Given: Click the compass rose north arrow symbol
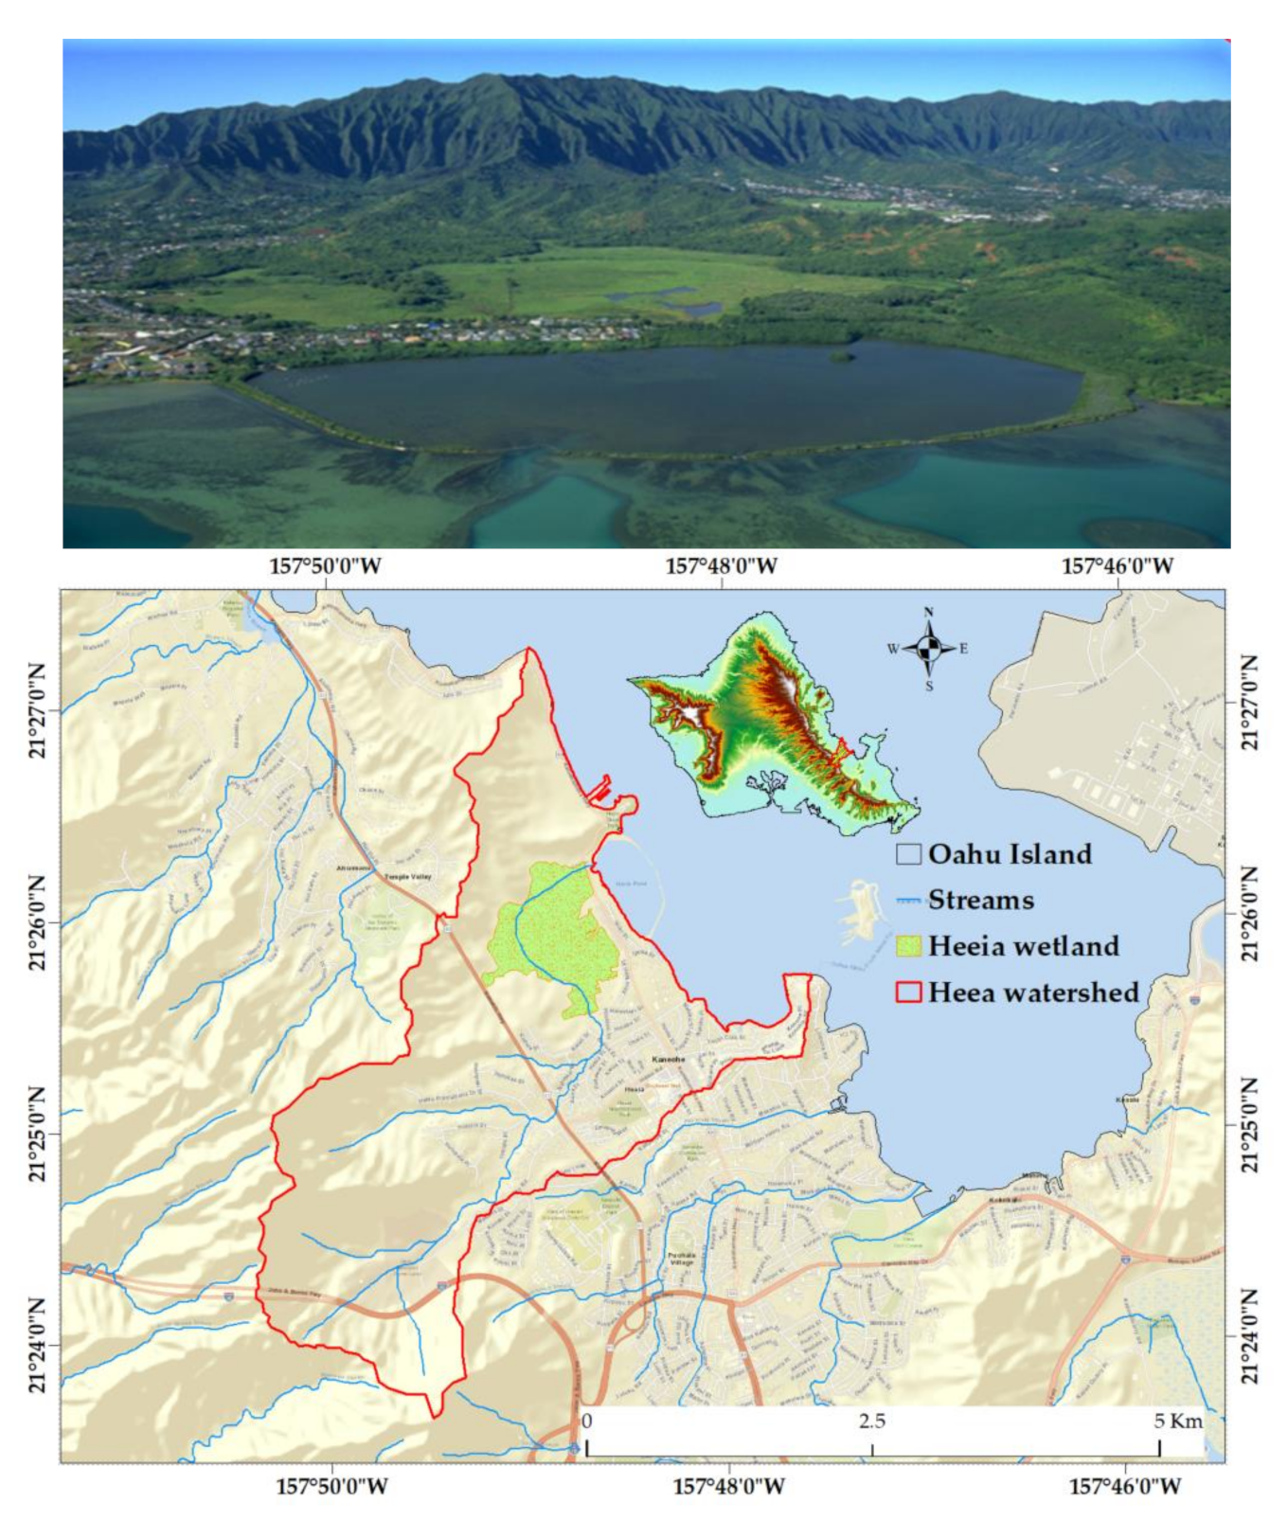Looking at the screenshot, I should [x=929, y=649].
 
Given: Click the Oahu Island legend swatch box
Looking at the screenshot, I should [x=908, y=854].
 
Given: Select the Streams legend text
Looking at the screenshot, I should [x=980, y=900].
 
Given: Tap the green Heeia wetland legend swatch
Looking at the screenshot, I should [x=908, y=946].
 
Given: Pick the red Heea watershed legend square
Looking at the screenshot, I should [x=908, y=992].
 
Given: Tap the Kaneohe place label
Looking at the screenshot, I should [x=668, y=1059].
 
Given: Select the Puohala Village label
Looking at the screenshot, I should [x=681, y=1259].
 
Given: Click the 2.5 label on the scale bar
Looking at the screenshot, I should [x=872, y=1422].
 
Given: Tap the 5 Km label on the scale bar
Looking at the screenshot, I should [x=1177, y=1422].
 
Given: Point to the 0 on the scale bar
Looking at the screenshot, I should [x=587, y=1422].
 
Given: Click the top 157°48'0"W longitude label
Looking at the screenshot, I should [x=722, y=566].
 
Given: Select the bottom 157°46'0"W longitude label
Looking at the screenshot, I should [x=1125, y=1486].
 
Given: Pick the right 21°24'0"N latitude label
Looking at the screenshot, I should [x=1250, y=1336].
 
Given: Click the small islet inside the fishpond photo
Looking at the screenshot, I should [x=839, y=356].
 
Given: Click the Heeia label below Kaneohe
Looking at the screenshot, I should [x=634, y=1089].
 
